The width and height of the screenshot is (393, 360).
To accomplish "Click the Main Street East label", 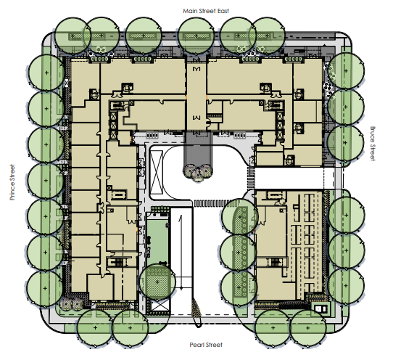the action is tap(206, 11).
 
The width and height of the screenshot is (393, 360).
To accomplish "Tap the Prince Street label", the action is tap(12, 182).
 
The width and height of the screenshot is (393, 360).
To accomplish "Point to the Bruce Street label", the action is tap(373, 144).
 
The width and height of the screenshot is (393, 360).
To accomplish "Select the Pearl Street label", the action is tap(206, 345).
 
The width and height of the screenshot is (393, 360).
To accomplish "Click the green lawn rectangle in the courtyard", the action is tap(157, 242).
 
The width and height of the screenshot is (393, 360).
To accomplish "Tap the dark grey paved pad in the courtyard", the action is tap(198, 149).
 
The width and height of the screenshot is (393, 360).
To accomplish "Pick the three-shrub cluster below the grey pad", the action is tap(198, 172).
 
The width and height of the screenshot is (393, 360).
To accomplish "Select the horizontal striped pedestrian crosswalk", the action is tap(217, 202).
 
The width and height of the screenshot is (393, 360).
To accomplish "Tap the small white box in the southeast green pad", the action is tap(320, 308).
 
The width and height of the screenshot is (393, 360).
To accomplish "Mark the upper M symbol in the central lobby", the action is tap(196, 69).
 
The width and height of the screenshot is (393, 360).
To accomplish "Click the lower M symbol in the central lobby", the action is tap(196, 117).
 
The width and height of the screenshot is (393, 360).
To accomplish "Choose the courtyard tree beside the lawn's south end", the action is tap(157, 282).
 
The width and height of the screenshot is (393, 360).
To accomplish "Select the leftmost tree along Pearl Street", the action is tap(95, 327).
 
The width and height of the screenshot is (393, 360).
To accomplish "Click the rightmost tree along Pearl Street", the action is tap(307, 327).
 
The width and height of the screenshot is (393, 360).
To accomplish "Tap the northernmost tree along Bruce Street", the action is tap(346, 70).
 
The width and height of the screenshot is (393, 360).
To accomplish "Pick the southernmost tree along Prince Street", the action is tap(46, 288).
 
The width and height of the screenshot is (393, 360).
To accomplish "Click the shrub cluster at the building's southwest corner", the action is tap(72, 304).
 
